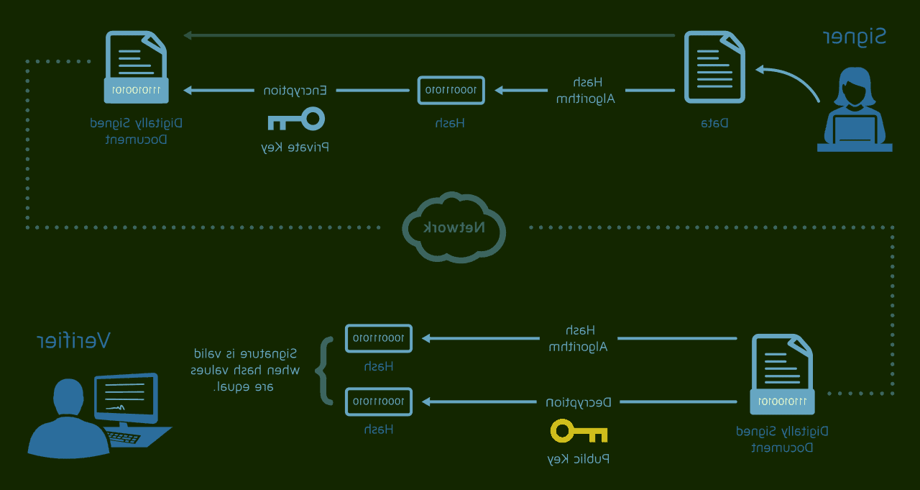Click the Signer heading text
(854, 37)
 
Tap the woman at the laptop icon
(855, 112)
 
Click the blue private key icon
(296, 119)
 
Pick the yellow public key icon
(579, 431)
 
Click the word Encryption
(295, 91)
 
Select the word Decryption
(579, 401)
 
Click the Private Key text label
(295, 148)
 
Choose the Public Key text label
(579, 459)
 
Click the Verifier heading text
(73, 340)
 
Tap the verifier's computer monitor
(126, 397)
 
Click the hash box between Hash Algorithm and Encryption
(451, 90)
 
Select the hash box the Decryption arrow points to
(379, 401)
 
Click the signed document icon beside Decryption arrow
(782, 374)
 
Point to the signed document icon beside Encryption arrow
(137, 67)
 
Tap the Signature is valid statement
(244, 370)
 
